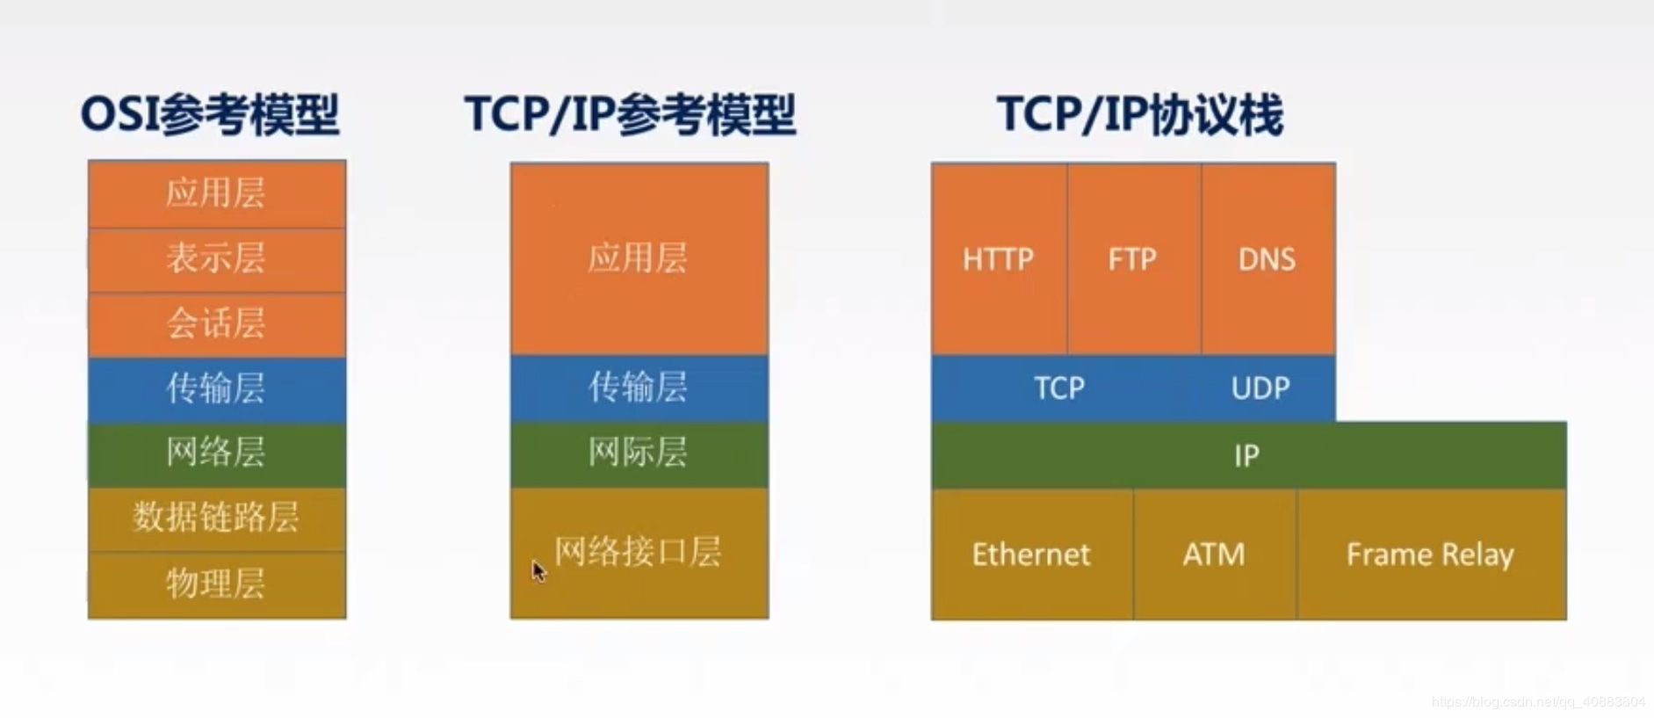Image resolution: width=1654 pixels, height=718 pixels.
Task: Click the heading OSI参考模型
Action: pos(210,115)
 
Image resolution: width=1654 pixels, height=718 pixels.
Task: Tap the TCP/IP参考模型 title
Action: pos(630,115)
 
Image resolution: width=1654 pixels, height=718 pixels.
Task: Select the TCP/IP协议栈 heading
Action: pos(1139,115)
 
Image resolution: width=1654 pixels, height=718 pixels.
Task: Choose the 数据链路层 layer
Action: pos(217,519)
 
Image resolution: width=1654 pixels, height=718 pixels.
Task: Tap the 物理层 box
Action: pos(217,585)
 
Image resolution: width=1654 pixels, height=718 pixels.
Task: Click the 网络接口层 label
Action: pos(638,552)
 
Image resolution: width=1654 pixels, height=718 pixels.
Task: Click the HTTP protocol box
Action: pos(1000,259)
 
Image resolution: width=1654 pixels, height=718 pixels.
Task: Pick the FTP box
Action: pos(1135,259)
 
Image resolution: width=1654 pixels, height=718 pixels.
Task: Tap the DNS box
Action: pos(1268,259)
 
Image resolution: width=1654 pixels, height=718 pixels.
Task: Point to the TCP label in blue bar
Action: pos(1059,388)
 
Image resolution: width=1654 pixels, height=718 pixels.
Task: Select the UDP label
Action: pos(1260,388)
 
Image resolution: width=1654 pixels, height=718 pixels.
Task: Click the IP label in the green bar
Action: pos(1246,456)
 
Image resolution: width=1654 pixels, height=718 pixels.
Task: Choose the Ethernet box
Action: pos(1032,555)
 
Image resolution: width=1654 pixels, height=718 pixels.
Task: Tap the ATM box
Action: pos(1215,555)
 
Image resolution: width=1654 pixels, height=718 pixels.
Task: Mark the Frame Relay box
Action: pos(1432,555)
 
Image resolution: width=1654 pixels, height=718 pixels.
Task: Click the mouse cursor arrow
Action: pos(538,571)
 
